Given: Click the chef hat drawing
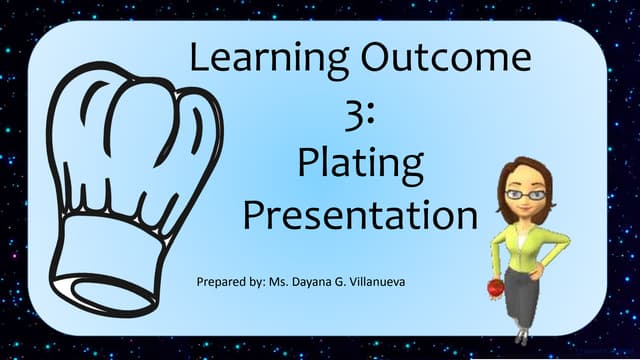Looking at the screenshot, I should (x=130, y=180).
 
